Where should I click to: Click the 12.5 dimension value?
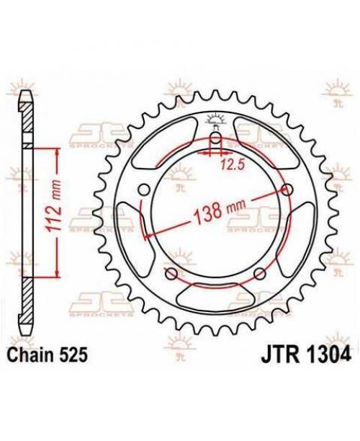[x=229, y=165]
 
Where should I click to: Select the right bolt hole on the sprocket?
[x=289, y=190]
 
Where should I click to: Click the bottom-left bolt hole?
[x=171, y=274]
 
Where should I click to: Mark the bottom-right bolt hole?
[x=260, y=274]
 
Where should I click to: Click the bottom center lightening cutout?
[x=215, y=295]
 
